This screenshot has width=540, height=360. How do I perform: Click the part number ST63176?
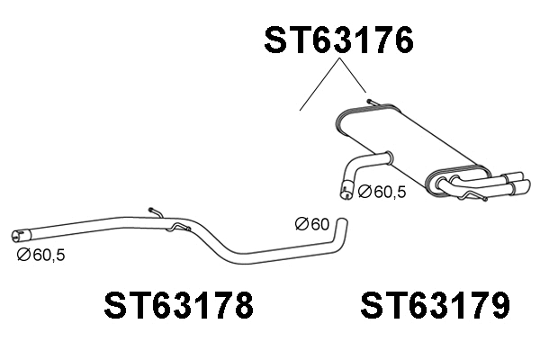(x=338, y=40)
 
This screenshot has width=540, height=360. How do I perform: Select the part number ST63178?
(x=178, y=306)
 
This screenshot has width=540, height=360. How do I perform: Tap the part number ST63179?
(x=436, y=306)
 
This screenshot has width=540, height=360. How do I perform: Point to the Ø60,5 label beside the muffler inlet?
(x=382, y=192)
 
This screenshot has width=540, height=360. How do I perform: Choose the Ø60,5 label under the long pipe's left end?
(x=40, y=256)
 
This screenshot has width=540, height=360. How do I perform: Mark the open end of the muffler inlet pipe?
(x=345, y=190)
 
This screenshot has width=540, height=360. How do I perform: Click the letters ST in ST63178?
(x=121, y=306)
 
